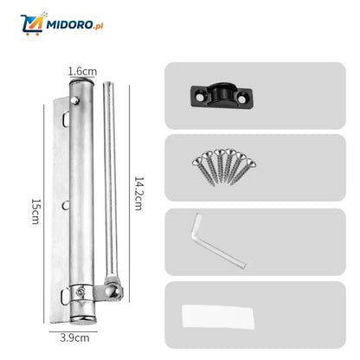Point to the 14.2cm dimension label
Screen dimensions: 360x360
point(138,194)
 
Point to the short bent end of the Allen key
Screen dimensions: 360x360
point(197,219)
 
